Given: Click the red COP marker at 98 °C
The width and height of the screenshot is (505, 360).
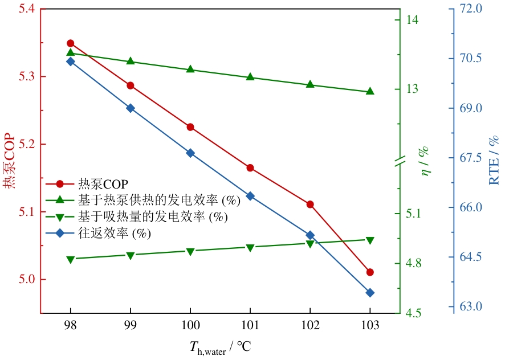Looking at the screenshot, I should (71, 43).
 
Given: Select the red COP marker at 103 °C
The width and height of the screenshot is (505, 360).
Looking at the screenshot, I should (370, 272).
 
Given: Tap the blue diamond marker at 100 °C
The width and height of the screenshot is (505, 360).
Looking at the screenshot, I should (190, 153).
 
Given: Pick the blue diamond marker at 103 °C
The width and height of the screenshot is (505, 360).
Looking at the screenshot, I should (370, 293).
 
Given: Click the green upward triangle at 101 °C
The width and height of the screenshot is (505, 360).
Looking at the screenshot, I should (250, 77).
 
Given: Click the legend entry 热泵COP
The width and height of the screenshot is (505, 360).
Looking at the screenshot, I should (103, 184).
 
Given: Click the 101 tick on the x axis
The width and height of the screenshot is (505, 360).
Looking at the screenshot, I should (250, 325).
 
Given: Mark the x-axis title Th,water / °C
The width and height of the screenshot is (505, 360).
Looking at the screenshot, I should (221, 346).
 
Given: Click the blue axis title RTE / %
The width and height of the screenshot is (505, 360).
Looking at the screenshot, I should (494, 160).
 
